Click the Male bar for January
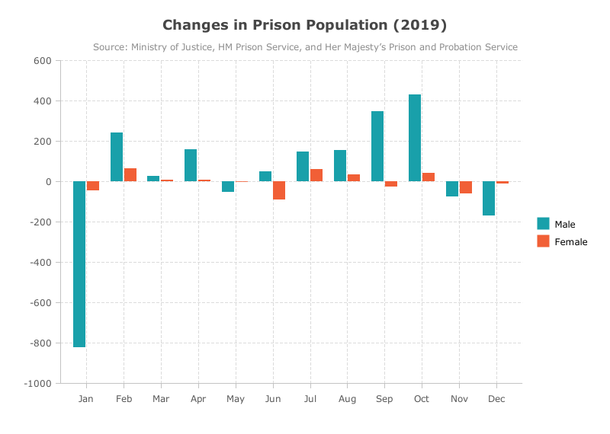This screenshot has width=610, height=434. [x=79, y=264]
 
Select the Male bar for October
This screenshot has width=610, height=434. [x=415, y=138]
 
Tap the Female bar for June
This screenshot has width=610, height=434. [x=279, y=190]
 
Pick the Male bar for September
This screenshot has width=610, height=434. [x=377, y=146]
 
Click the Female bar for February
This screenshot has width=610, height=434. [x=130, y=175]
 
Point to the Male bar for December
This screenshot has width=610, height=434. [x=489, y=198]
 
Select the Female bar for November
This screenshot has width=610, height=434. [x=466, y=187]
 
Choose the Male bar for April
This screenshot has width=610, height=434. [x=191, y=165]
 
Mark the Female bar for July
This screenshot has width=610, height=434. [x=316, y=175]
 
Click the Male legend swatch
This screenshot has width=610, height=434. [x=543, y=223]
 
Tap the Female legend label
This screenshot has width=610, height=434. [x=570, y=241]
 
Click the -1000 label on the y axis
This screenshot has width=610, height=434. [x=37, y=384]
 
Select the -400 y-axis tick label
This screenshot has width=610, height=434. [x=40, y=262]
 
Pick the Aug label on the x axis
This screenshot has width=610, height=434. [x=348, y=399]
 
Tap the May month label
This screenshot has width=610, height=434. [x=236, y=399]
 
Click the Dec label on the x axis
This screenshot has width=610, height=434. [x=496, y=399]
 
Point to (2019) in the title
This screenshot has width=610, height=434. [x=420, y=25]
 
